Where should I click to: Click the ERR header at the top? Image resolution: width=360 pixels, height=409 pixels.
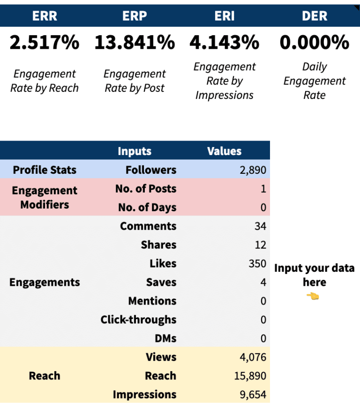[45, 15]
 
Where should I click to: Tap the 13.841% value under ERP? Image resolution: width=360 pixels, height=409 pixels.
[135, 43]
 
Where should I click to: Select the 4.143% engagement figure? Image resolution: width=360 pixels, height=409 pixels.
[224, 43]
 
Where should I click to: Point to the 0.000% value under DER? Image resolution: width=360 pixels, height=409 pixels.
[314, 43]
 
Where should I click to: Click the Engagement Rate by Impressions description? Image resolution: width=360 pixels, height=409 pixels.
[224, 81]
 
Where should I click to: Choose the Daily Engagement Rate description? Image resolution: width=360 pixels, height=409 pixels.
[314, 81]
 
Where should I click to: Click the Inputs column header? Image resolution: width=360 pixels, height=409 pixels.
[135, 151]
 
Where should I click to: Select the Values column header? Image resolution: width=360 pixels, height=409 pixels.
[224, 151]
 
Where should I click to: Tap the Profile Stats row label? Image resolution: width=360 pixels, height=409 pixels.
[45, 170]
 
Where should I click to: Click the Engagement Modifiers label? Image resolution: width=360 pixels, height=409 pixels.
[45, 197]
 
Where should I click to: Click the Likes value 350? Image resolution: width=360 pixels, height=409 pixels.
[257, 264]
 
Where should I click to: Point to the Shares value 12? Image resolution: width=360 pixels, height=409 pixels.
[260, 245]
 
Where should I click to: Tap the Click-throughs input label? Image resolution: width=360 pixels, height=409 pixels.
[138, 320]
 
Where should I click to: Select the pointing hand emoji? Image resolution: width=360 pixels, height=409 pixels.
[313, 296]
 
